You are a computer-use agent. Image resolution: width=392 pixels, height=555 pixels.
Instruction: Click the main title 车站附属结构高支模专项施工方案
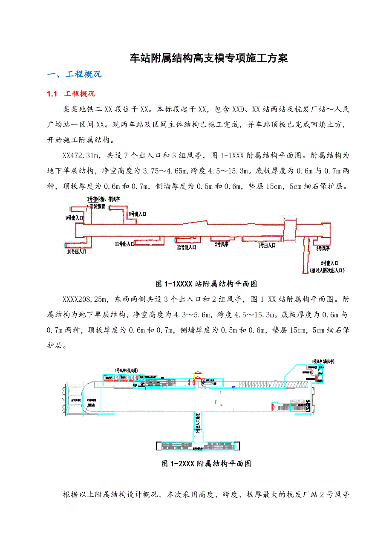click(x=208, y=58)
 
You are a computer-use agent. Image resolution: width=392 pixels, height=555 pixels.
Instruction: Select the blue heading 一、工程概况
click(x=74, y=74)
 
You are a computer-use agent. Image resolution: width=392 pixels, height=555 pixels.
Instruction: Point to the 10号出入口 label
click(x=77, y=252)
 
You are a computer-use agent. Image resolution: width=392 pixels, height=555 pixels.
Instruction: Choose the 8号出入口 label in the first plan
click(x=137, y=214)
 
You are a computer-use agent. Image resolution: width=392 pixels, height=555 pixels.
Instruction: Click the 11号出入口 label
click(x=124, y=244)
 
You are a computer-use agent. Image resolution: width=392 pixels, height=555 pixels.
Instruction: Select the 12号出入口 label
click(x=186, y=247)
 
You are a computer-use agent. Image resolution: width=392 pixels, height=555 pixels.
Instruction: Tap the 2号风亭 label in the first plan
click(x=222, y=244)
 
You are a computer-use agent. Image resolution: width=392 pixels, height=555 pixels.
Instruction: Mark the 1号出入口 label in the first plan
click(x=265, y=245)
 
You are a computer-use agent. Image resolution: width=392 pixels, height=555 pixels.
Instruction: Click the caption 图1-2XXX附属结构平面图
click(x=206, y=464)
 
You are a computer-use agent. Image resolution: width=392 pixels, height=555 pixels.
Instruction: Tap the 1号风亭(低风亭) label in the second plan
click(x=126, y=369)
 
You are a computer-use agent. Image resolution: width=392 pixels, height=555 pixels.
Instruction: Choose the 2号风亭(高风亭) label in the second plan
click(x=323, y=361)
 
